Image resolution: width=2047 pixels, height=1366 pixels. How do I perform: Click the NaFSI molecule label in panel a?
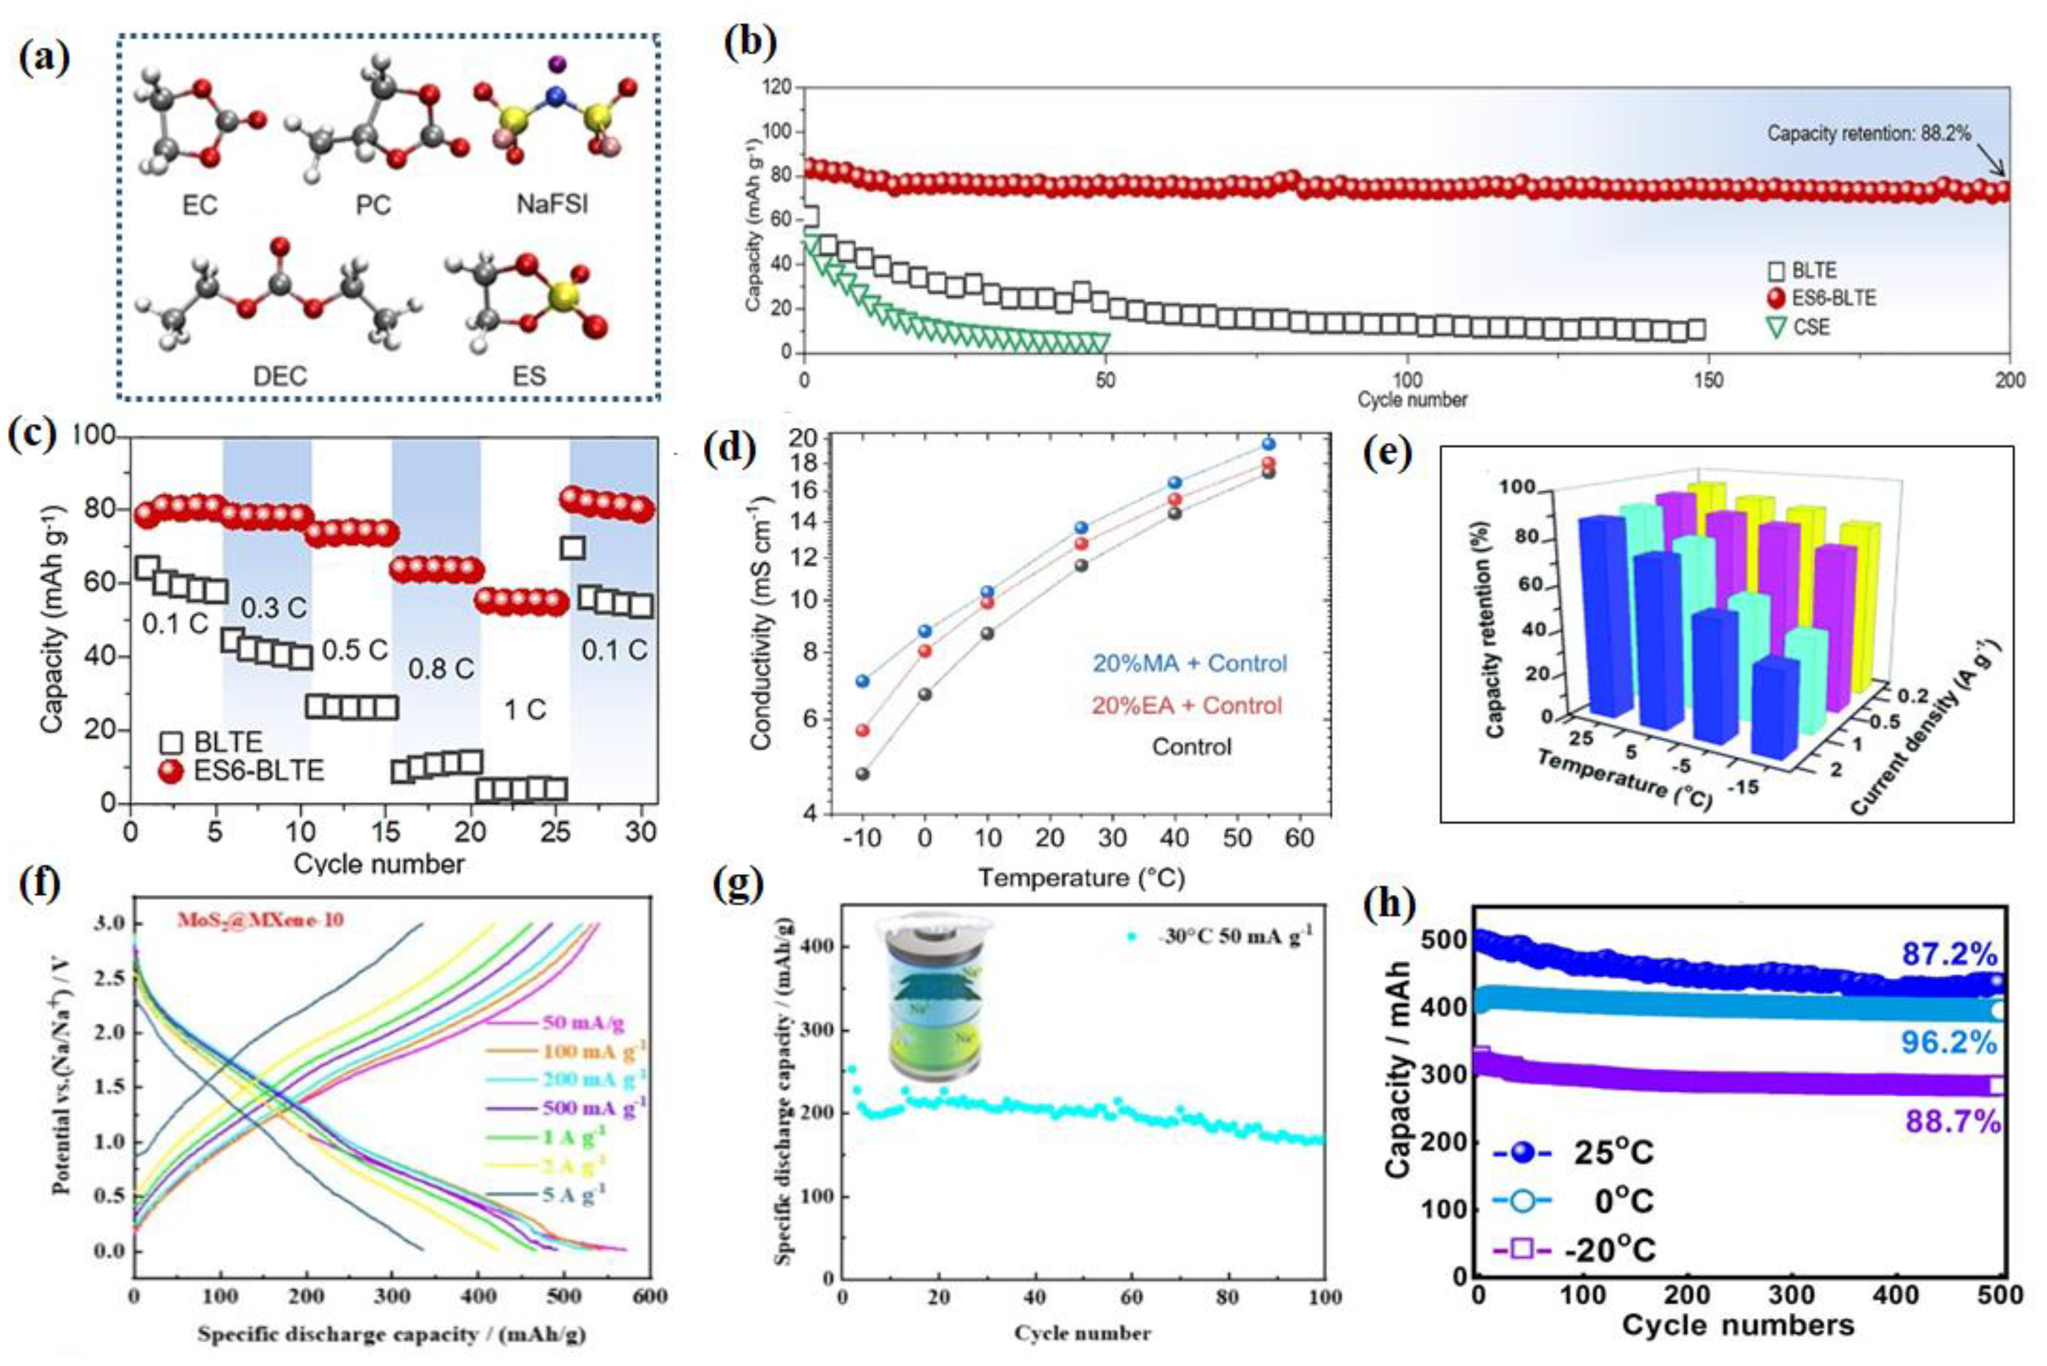[x=552, y=204]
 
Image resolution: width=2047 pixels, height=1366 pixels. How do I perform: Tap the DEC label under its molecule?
[x=280, y=376]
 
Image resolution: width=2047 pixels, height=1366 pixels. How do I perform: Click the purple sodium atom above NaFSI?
[x=556, y=64]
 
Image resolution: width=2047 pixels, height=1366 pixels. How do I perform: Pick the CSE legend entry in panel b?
[x=1810, y=328]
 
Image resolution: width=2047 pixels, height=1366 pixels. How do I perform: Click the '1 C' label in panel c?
[x=526, y=710]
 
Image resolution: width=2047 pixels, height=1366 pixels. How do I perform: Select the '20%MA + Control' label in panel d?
[x=1190, y=663]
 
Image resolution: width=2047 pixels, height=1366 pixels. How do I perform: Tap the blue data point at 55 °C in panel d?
[x=1269, y=443]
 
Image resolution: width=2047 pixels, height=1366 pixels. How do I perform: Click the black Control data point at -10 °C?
[x=863, y=774]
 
